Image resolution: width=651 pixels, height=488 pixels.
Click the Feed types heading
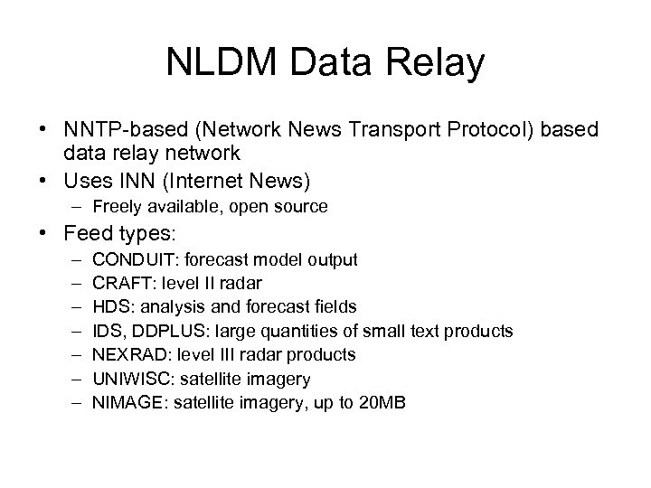120,233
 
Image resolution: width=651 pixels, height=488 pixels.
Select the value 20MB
382,403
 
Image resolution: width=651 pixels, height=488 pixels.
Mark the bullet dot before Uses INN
45,182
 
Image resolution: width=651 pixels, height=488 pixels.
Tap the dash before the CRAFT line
72,284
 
